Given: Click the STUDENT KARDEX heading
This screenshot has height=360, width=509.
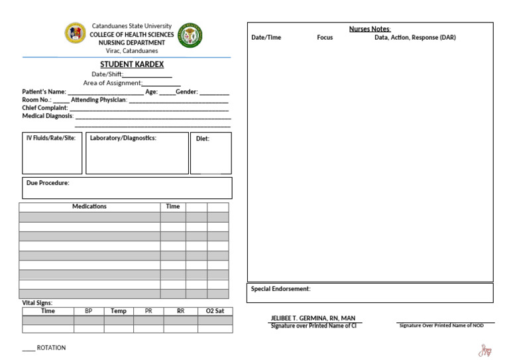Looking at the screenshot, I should click(132, 64).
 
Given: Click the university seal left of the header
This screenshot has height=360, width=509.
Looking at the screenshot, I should click(75, 34).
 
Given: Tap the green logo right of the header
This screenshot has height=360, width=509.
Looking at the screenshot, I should click(190, 34).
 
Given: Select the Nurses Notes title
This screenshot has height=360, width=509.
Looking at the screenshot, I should click(370, 29).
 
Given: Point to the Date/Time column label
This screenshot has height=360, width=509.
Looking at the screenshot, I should click(266, 38).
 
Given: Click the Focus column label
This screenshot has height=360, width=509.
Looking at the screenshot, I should click(325, 38).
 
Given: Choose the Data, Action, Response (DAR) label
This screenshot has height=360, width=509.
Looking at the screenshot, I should click(415, 38).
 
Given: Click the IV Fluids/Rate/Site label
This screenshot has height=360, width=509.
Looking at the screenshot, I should click(51, 138).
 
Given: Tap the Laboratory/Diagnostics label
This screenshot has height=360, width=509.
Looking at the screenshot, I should click(123, 138).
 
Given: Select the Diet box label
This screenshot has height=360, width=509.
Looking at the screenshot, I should click(203, 139).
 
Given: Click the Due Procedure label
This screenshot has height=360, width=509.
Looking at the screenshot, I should click(48, 183).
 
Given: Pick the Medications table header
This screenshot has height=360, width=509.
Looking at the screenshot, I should click(89, 207).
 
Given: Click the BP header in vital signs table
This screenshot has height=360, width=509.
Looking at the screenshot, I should click(89, 311).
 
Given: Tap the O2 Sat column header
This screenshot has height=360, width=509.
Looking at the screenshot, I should click(215, 311).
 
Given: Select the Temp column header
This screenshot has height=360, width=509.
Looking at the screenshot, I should click(119, 311).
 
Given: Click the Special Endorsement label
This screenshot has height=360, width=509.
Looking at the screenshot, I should click(280, 289).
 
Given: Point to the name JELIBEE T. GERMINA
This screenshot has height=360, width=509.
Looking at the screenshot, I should click(313, 318).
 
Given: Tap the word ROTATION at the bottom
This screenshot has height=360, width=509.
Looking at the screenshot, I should click(51, 348).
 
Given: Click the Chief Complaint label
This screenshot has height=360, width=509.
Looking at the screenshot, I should click(45, 108).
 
